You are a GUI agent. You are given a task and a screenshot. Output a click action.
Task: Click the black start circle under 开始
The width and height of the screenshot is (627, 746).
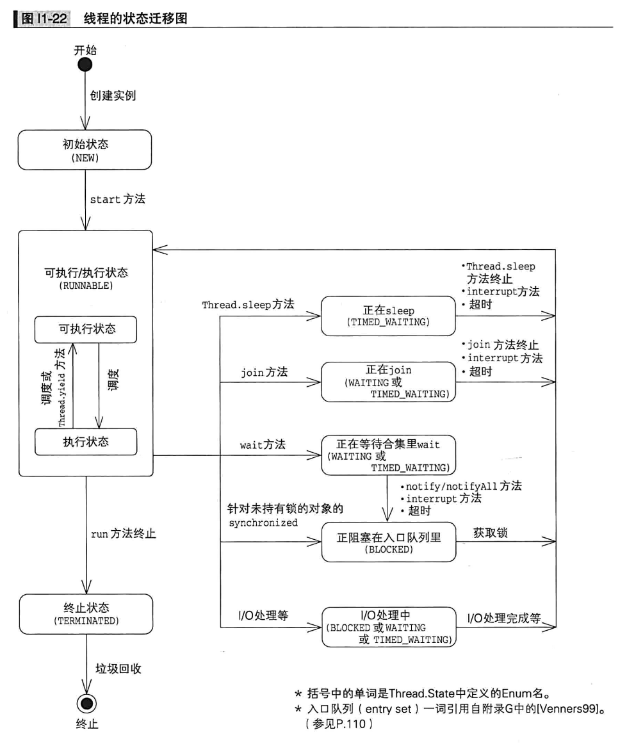(85, 65)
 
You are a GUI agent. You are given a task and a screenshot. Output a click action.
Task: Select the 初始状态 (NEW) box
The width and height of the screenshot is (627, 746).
(85, 150)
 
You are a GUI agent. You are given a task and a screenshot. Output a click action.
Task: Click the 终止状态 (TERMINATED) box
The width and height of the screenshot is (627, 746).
(86, 613)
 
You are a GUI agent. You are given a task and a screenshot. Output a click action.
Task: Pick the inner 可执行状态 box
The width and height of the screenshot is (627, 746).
(85, 329)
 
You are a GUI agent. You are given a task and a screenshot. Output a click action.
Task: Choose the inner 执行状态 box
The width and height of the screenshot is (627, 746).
(85, 442)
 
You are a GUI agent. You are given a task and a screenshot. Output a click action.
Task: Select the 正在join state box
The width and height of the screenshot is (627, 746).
(388, 382)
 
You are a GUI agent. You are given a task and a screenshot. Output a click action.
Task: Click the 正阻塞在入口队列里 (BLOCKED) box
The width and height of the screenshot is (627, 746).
(388, 543)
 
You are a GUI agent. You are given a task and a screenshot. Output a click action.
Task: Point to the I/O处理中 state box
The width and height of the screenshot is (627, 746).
(388, 627)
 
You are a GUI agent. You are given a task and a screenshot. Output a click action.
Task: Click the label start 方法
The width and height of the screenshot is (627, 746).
(118, 199)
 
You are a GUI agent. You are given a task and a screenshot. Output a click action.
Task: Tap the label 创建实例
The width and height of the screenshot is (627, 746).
(113, 96)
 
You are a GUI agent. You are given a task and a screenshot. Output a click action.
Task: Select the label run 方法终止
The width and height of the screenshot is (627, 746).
(124, 533)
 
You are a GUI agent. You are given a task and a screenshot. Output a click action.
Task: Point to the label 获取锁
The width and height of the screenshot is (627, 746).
(491, 532)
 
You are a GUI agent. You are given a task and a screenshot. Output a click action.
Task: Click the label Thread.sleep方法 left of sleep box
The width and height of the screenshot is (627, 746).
(248, 305)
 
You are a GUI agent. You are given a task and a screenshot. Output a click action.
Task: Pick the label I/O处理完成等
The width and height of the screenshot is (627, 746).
(504, 618)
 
